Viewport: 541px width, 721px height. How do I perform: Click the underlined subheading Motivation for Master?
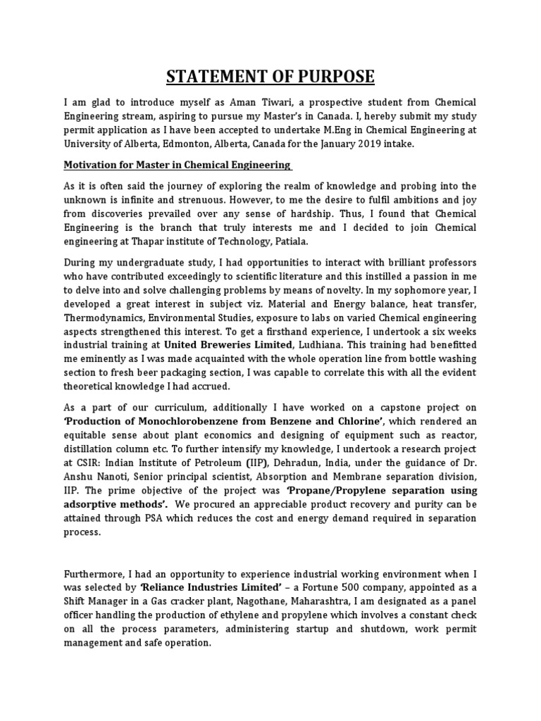[x=177, y=165]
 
